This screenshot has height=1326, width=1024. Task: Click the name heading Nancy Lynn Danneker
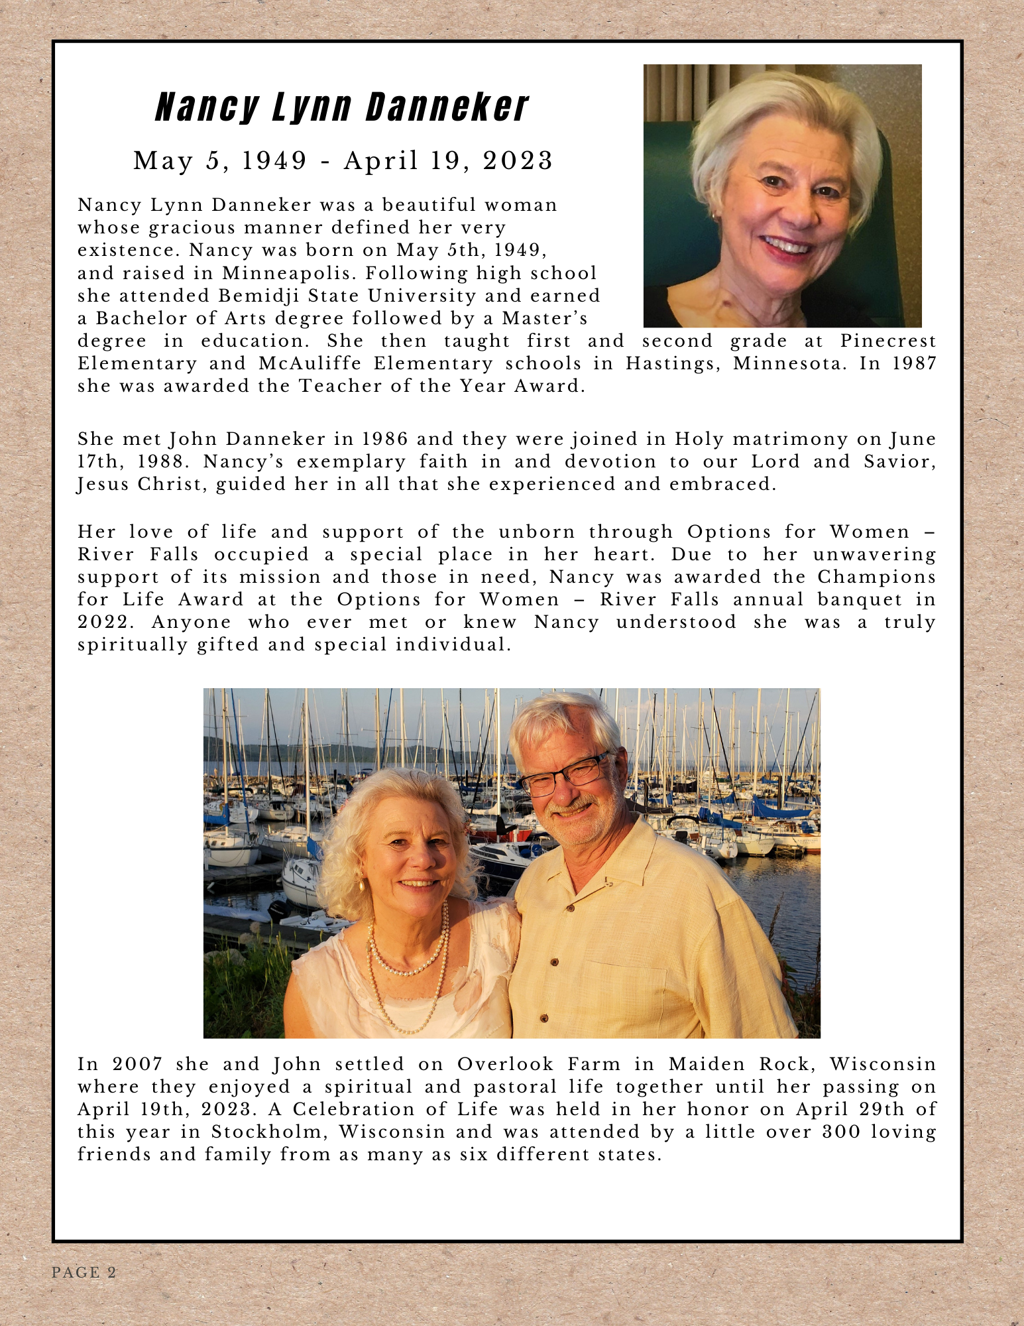tap(341, 107)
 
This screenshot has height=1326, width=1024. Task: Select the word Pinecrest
tap(888, 341)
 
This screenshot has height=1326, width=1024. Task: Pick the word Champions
tap(876, 577)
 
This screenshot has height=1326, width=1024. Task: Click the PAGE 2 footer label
tap(84, 1272)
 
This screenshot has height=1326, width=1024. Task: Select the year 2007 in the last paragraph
tap(137, 1064)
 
